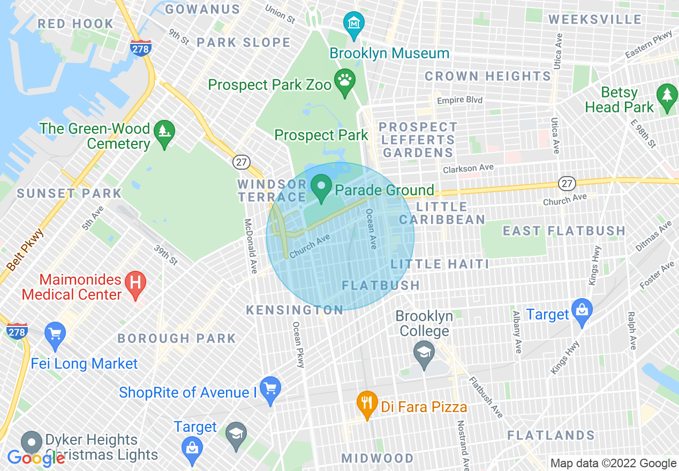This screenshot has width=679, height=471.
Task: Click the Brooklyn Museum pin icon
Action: [354, 25]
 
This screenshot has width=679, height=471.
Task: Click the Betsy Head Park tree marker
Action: [667, 96]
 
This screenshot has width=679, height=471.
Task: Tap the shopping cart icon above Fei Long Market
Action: [55, 334]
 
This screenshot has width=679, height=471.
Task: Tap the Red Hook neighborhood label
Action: [76, 24]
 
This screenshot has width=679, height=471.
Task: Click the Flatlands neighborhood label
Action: [550, 435]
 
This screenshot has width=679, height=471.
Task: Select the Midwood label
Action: [378, 458]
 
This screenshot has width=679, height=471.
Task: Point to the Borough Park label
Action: [177, 338]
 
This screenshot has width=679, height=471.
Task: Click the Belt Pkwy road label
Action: [25, 250]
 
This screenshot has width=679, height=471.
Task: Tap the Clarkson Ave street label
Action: [468, 169]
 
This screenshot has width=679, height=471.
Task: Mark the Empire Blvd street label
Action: [459, 101]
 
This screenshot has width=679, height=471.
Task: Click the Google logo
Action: [36, 458]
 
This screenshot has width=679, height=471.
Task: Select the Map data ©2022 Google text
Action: [613, 464]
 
